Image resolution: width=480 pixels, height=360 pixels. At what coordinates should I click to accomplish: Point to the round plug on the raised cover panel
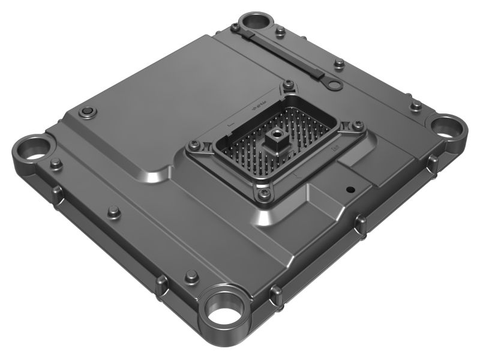click(88, 112)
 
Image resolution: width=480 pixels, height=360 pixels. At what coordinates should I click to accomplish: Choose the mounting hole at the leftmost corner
click(34, 148)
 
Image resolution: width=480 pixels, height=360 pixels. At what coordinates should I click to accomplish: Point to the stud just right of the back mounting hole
click(280, 31)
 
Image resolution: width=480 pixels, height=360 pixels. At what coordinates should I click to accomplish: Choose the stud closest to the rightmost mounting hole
click(415, 106)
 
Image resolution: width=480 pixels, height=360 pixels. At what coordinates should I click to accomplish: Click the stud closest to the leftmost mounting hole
click(56, 163)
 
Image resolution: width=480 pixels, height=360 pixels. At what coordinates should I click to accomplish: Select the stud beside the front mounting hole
click(191, 276)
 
